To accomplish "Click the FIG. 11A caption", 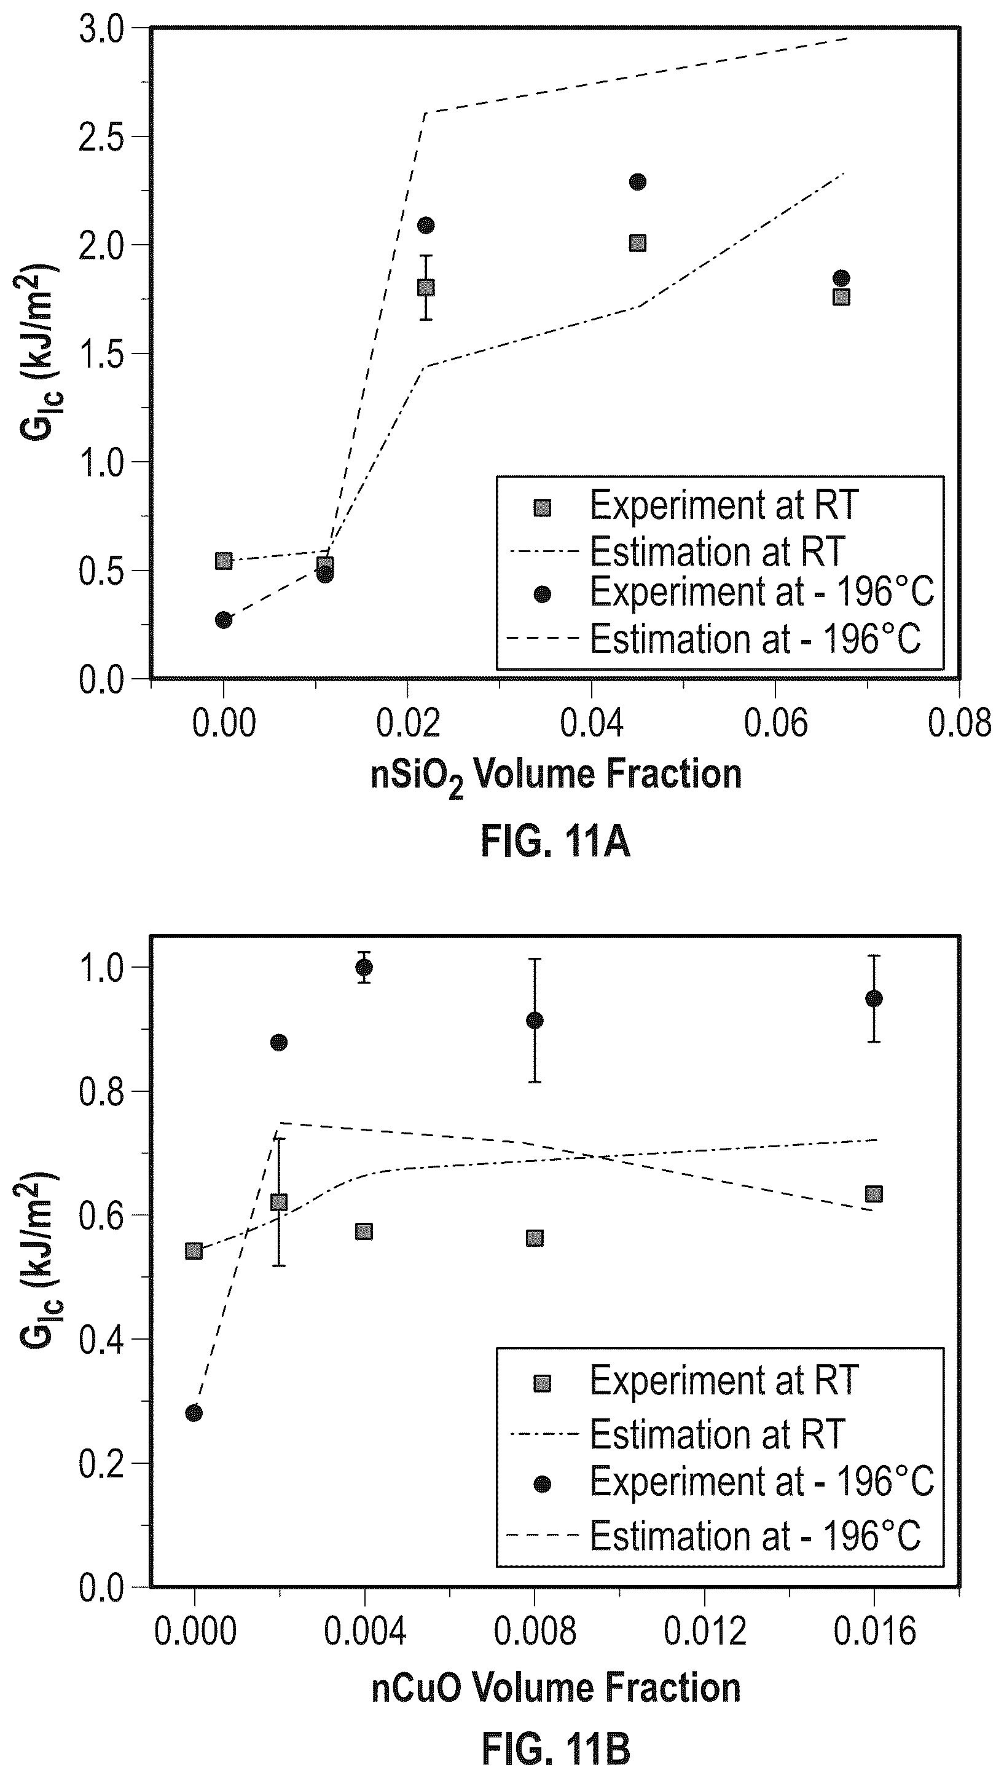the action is point(555,842).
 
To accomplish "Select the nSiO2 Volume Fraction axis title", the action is point(556,776).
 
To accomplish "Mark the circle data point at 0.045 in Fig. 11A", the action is point(638,182).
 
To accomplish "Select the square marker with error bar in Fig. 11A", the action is point(426,287).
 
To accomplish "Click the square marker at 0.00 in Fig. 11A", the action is point(224,561).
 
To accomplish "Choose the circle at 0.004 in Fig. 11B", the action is point(364,967).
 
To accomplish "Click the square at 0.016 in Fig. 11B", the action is point(874,1194).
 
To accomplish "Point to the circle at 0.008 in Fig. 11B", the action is point(535,1020).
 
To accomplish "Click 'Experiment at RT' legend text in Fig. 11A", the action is point(724,506).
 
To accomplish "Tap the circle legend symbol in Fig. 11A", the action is point(543,595).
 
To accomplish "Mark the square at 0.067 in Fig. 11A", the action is point(841,297).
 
